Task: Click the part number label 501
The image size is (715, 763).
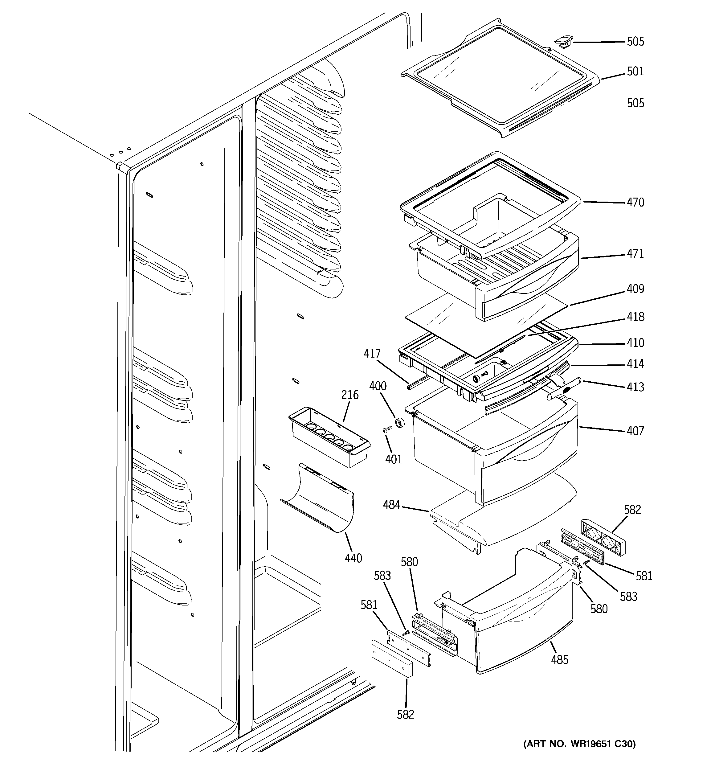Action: (x=635, y=72)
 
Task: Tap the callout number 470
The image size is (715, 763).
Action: (x=635, y=202)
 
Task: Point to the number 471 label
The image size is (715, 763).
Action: (x=635, y=254)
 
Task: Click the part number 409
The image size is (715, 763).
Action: (x=635, y=289)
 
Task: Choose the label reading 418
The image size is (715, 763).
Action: (x=635, y=317)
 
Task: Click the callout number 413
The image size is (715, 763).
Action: (x=635, y=387)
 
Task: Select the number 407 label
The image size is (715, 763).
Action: (x=635, y=431)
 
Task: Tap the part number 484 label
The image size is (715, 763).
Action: (x=391, y=505)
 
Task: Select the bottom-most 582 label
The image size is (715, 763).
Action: (x=406, y=714)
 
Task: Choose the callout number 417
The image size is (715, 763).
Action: (x=372, y=354)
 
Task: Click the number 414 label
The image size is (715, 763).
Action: (x=635, y=363)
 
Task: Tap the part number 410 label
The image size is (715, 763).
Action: (x=635, y=343)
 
